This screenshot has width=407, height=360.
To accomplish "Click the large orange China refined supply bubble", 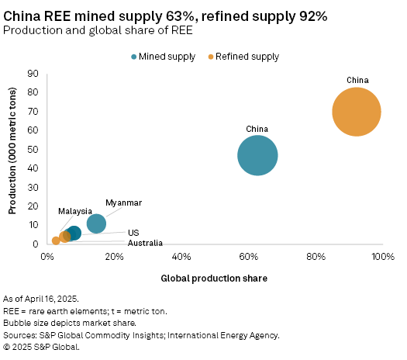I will (x=356, y=112).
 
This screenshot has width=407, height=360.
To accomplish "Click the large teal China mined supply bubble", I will (x=257, y=156).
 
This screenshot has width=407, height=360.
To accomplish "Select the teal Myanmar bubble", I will (x=96, y=223).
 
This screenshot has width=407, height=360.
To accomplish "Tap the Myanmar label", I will (x=124, y=202).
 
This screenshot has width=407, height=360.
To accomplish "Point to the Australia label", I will (x=145, y=243).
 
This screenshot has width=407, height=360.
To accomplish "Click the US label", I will (x=133, y=233).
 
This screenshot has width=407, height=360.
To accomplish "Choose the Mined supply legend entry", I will (x=167, y=57).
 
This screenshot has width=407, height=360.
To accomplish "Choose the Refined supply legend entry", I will (x=247, y=57).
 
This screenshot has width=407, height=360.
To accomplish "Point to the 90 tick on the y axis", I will (x=33, y=74).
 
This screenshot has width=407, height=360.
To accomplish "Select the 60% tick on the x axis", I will (x=248, y=257).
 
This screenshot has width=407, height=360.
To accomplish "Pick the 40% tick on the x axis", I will (x=181, y=257).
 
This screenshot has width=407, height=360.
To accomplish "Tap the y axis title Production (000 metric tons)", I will (x=12, y=158).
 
